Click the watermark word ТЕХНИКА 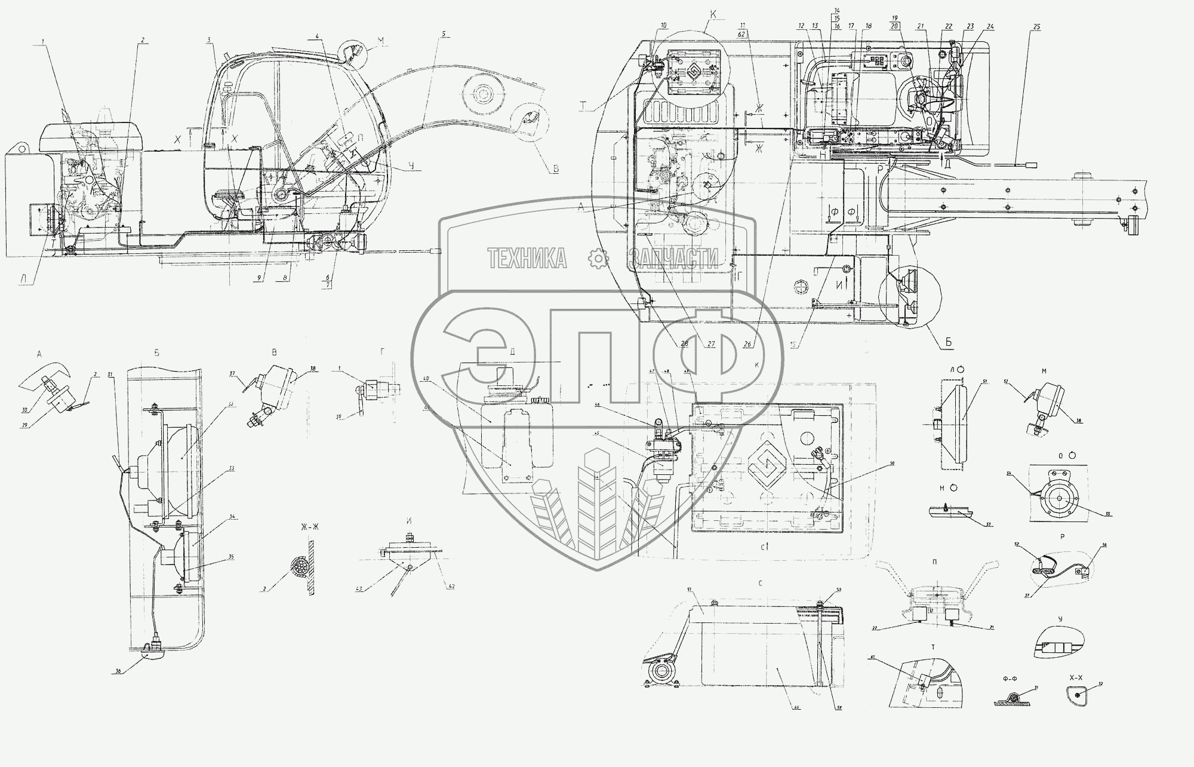(x=527, y=258)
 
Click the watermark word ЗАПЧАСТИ (x=673, y=258)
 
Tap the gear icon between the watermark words (x=598, y=258)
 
